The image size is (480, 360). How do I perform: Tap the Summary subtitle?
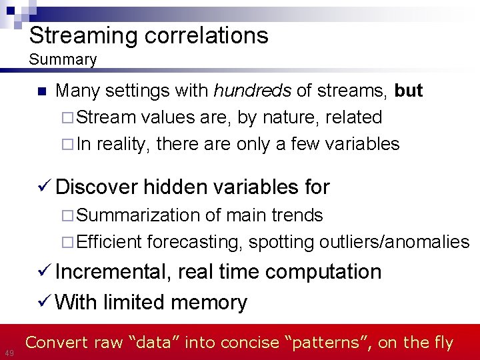pyautogui.click(x=63, y=59)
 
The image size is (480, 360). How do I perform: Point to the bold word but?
pyautogui.click(x=408, y=91)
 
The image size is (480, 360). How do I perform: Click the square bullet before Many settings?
pyautogui.click(x=41, y=91)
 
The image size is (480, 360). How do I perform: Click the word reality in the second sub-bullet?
pyautogui.click(x=123, y=144)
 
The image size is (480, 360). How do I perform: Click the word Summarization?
pyautogui.click(x=138, y=215)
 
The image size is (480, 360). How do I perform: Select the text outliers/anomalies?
pyautogui.click(x=394, y=241)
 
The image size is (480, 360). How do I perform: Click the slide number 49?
pyautogui.click(x=9, y=352)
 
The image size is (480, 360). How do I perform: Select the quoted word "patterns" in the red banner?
pyautogui.click(x=328, y=343)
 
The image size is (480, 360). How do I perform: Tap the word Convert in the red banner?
pyautogui.click(x=53, y=343)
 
